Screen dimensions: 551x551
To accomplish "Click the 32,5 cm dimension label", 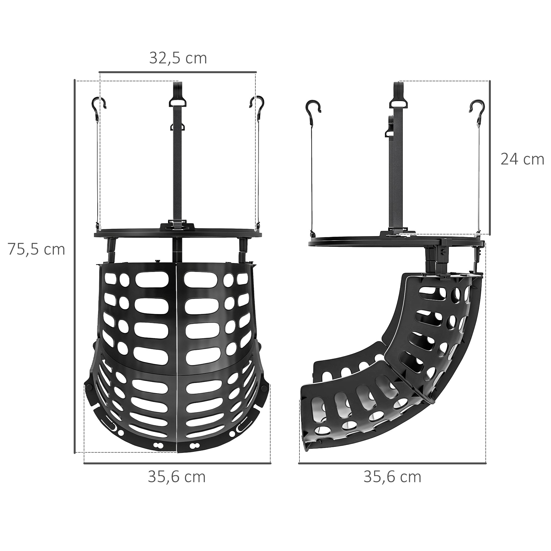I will coord(178,58).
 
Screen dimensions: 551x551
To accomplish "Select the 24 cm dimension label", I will coord(522,160).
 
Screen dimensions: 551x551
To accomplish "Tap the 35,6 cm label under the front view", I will coord(177,477).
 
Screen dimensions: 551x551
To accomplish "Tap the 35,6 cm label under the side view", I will coord(392,477).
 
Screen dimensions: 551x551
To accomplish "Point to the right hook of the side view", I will coord(477,107).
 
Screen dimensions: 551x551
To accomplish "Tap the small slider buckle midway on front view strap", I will coord(177,126).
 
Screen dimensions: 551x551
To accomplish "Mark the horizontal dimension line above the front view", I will coord(178,72).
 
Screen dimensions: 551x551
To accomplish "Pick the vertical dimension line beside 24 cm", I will coord(490,157).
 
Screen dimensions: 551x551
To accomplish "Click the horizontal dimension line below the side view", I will coord(392,463).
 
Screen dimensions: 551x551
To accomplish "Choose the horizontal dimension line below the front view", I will coord(177,463).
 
